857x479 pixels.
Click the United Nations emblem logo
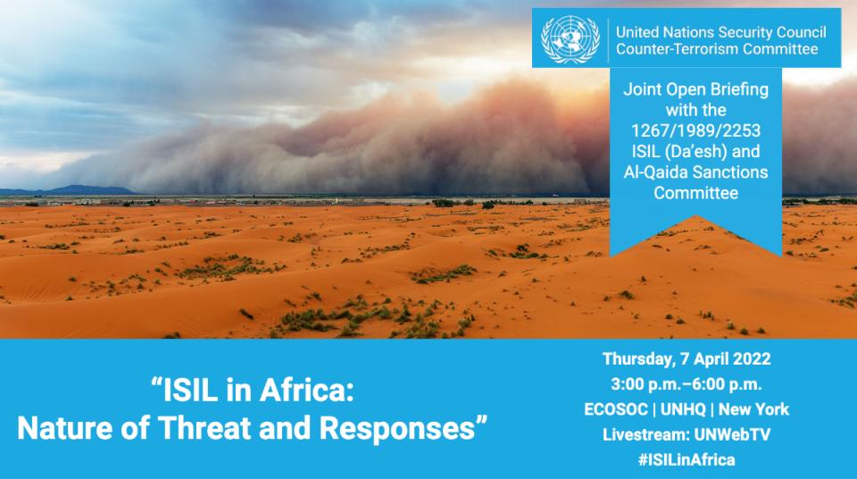[570, 38]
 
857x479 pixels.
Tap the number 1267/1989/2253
[695, 130]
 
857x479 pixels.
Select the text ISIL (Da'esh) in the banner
[678, 151]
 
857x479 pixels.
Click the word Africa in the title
[306, 391]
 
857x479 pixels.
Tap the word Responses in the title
[397, 428]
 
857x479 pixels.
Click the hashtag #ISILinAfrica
[686, 459]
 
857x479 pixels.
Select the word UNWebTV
[732, 434]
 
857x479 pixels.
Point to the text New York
[753, 409]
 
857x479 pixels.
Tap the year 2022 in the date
[752, 359]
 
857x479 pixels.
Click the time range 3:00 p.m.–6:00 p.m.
[686, 384]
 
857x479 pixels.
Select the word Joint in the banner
[642, 89]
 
